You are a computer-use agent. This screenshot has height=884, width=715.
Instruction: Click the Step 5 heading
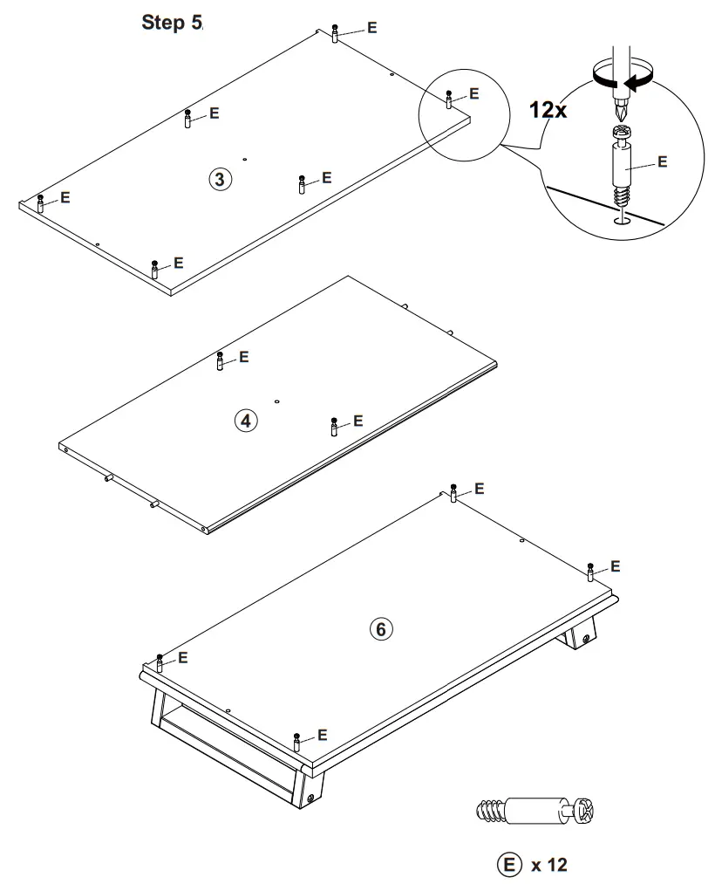pos(172,24)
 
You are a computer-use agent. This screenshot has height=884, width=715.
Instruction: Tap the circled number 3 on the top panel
pos(219,180)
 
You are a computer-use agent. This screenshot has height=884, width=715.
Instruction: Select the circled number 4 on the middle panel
pos(246,421)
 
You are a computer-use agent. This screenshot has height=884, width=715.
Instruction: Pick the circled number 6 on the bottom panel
pos(381,628)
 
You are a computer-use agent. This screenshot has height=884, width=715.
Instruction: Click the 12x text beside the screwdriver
pos(548,111)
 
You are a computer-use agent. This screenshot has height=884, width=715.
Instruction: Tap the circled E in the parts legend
pos(508,865)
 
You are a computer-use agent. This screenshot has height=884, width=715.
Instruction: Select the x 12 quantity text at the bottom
pos(549,865)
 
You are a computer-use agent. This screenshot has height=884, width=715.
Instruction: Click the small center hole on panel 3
pos(246,160)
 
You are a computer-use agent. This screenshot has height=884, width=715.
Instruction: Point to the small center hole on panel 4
pos(276,401)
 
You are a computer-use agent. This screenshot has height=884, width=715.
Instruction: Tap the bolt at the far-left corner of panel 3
pos(41,203)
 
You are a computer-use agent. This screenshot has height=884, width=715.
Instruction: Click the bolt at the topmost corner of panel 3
pos(336,33)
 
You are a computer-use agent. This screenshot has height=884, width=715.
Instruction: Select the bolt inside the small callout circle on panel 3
pos(449,99)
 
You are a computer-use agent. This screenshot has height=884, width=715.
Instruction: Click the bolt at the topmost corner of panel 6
pos(453,494)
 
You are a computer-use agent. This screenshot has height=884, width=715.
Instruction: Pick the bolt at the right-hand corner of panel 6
pos(590,572)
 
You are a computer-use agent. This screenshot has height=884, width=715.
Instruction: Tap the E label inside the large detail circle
pos(661,162)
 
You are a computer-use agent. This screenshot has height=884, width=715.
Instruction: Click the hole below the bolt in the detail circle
pos(622,221)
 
